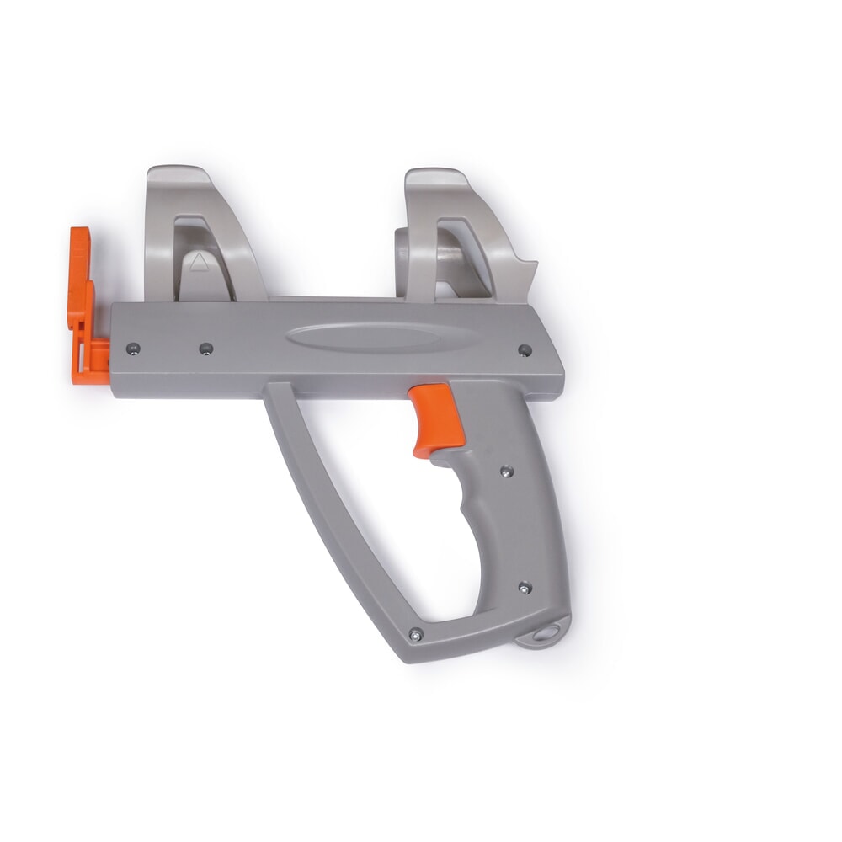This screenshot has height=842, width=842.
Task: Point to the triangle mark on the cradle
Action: pyautogui.click(x=198, y=262)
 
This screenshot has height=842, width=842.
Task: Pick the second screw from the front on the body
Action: pyautogui.click(x=205, y=346)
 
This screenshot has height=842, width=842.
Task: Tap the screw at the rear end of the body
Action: pyautogui.click(x=524, y=349)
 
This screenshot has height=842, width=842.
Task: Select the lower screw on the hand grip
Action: pyautogui.click(x=524, y=588)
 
